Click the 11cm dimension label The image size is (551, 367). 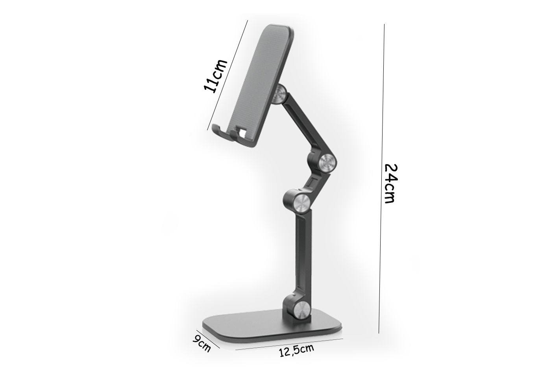(x=215, y=76)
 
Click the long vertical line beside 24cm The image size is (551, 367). (x=381, y=179)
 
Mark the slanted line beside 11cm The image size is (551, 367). (x=227, y=75)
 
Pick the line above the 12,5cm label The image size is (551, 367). (x=289, y=344)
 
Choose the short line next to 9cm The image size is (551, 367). (x=208, y=339)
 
